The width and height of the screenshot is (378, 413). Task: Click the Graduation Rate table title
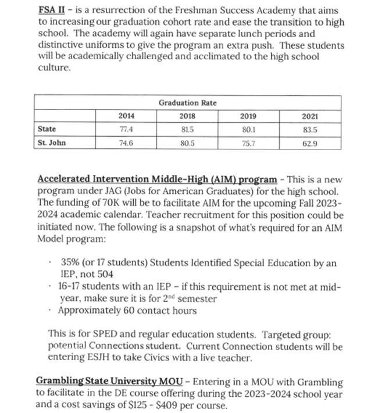click(x=187, y=103)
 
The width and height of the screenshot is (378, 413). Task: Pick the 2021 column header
click(x=311, y=116)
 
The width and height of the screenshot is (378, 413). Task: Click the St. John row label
click(x=51, y=142)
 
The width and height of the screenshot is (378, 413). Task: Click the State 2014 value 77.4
click(x=126, y=129)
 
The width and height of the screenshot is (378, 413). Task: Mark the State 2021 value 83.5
click(x=311, y=129)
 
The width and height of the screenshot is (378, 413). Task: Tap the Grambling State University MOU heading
click(x=110, y=382)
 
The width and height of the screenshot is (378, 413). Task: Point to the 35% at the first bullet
click(x=70, y=263)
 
